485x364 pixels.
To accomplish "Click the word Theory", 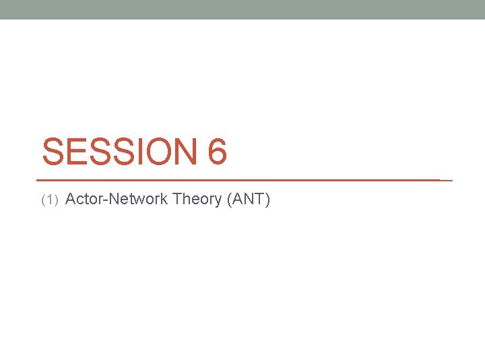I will (x=198, y=199).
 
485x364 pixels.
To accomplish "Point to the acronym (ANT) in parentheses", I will (x=249, y=199).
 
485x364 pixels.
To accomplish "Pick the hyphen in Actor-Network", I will (x=102, y=200).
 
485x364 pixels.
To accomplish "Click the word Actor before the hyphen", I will (x=84, y=199).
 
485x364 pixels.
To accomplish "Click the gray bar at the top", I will (x=243, y=9).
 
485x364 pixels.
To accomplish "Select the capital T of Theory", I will (x=177, y=199).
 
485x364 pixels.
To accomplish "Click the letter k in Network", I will (x=164, y=199).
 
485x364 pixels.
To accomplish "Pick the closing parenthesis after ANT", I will (x=267, y=200).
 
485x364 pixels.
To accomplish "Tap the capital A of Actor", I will (x=72, y=199).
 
